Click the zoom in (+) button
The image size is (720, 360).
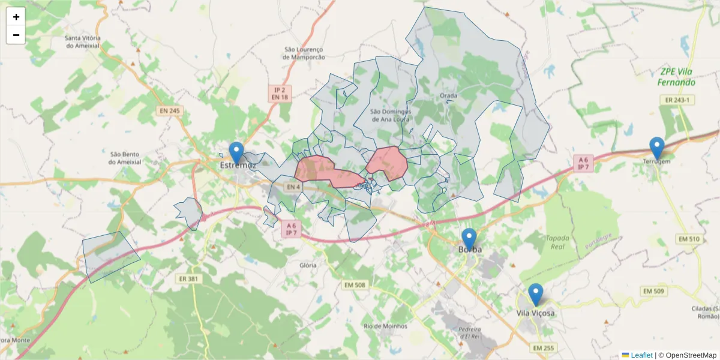click(x=16, y=17)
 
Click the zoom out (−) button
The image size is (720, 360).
click(x=16, y=35)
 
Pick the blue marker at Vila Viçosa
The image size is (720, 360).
click(x=535, y=295)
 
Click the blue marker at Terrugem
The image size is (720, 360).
click(x=657, y=148)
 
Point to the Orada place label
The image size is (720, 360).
click(x=448, y=96)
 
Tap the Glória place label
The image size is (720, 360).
click(x=308, y=265)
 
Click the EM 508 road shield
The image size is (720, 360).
click(x=355, y=284)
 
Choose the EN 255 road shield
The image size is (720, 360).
click(x=544, y=348)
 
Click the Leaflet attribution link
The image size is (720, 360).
click(x=641, y=355)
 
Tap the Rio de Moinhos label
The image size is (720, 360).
click(x=385, y=326)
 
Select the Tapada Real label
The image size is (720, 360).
click(x=557, y=242)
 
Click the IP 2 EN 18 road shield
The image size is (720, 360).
click(x=280, y=92)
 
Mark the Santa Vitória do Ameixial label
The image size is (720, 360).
click(x=83, y=41)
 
